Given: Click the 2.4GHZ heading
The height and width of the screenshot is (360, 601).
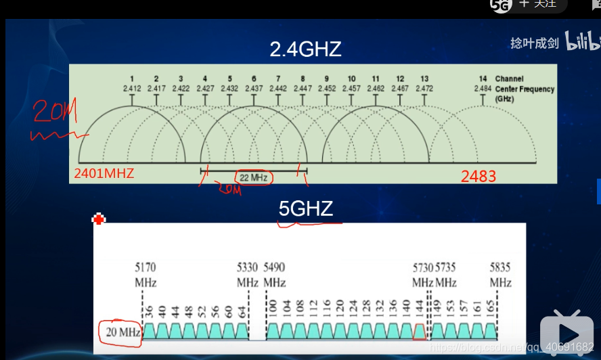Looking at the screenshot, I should click(x=305, y=49).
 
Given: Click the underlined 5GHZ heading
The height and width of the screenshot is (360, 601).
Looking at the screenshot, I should click(x=306, y=208).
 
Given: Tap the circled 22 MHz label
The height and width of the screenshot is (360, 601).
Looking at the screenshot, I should click(x=253, y=178).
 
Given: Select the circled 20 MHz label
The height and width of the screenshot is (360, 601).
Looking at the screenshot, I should click(x=120, y=333).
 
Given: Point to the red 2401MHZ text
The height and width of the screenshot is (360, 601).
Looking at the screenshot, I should click(x=104, y=174).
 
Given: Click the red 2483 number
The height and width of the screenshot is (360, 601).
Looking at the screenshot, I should click(x=478, y=177).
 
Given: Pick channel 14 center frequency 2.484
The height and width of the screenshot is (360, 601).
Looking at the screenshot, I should click(x=483, y=89).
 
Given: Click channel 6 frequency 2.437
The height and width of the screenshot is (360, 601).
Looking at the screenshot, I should click(x=254, y=89).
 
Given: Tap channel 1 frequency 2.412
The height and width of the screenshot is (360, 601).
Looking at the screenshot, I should click(x=132, y=89).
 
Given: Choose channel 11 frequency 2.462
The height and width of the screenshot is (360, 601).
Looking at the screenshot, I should click(x=376, y=89).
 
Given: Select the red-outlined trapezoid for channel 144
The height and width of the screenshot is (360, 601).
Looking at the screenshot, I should click(x=420, y=332).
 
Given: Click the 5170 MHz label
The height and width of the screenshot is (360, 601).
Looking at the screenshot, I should click(x=146, y=274).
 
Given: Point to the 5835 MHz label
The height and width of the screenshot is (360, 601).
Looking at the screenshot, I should click(x=501, y=274).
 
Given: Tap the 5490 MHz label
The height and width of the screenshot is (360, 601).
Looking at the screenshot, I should click(x=275, y=274).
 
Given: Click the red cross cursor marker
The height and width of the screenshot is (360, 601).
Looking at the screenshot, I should click(x=99, y=219).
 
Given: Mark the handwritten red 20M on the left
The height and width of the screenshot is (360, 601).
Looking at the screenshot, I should click(x=51, y=112).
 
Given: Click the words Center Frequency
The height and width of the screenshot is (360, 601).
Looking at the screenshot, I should click(x=525, y=89).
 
